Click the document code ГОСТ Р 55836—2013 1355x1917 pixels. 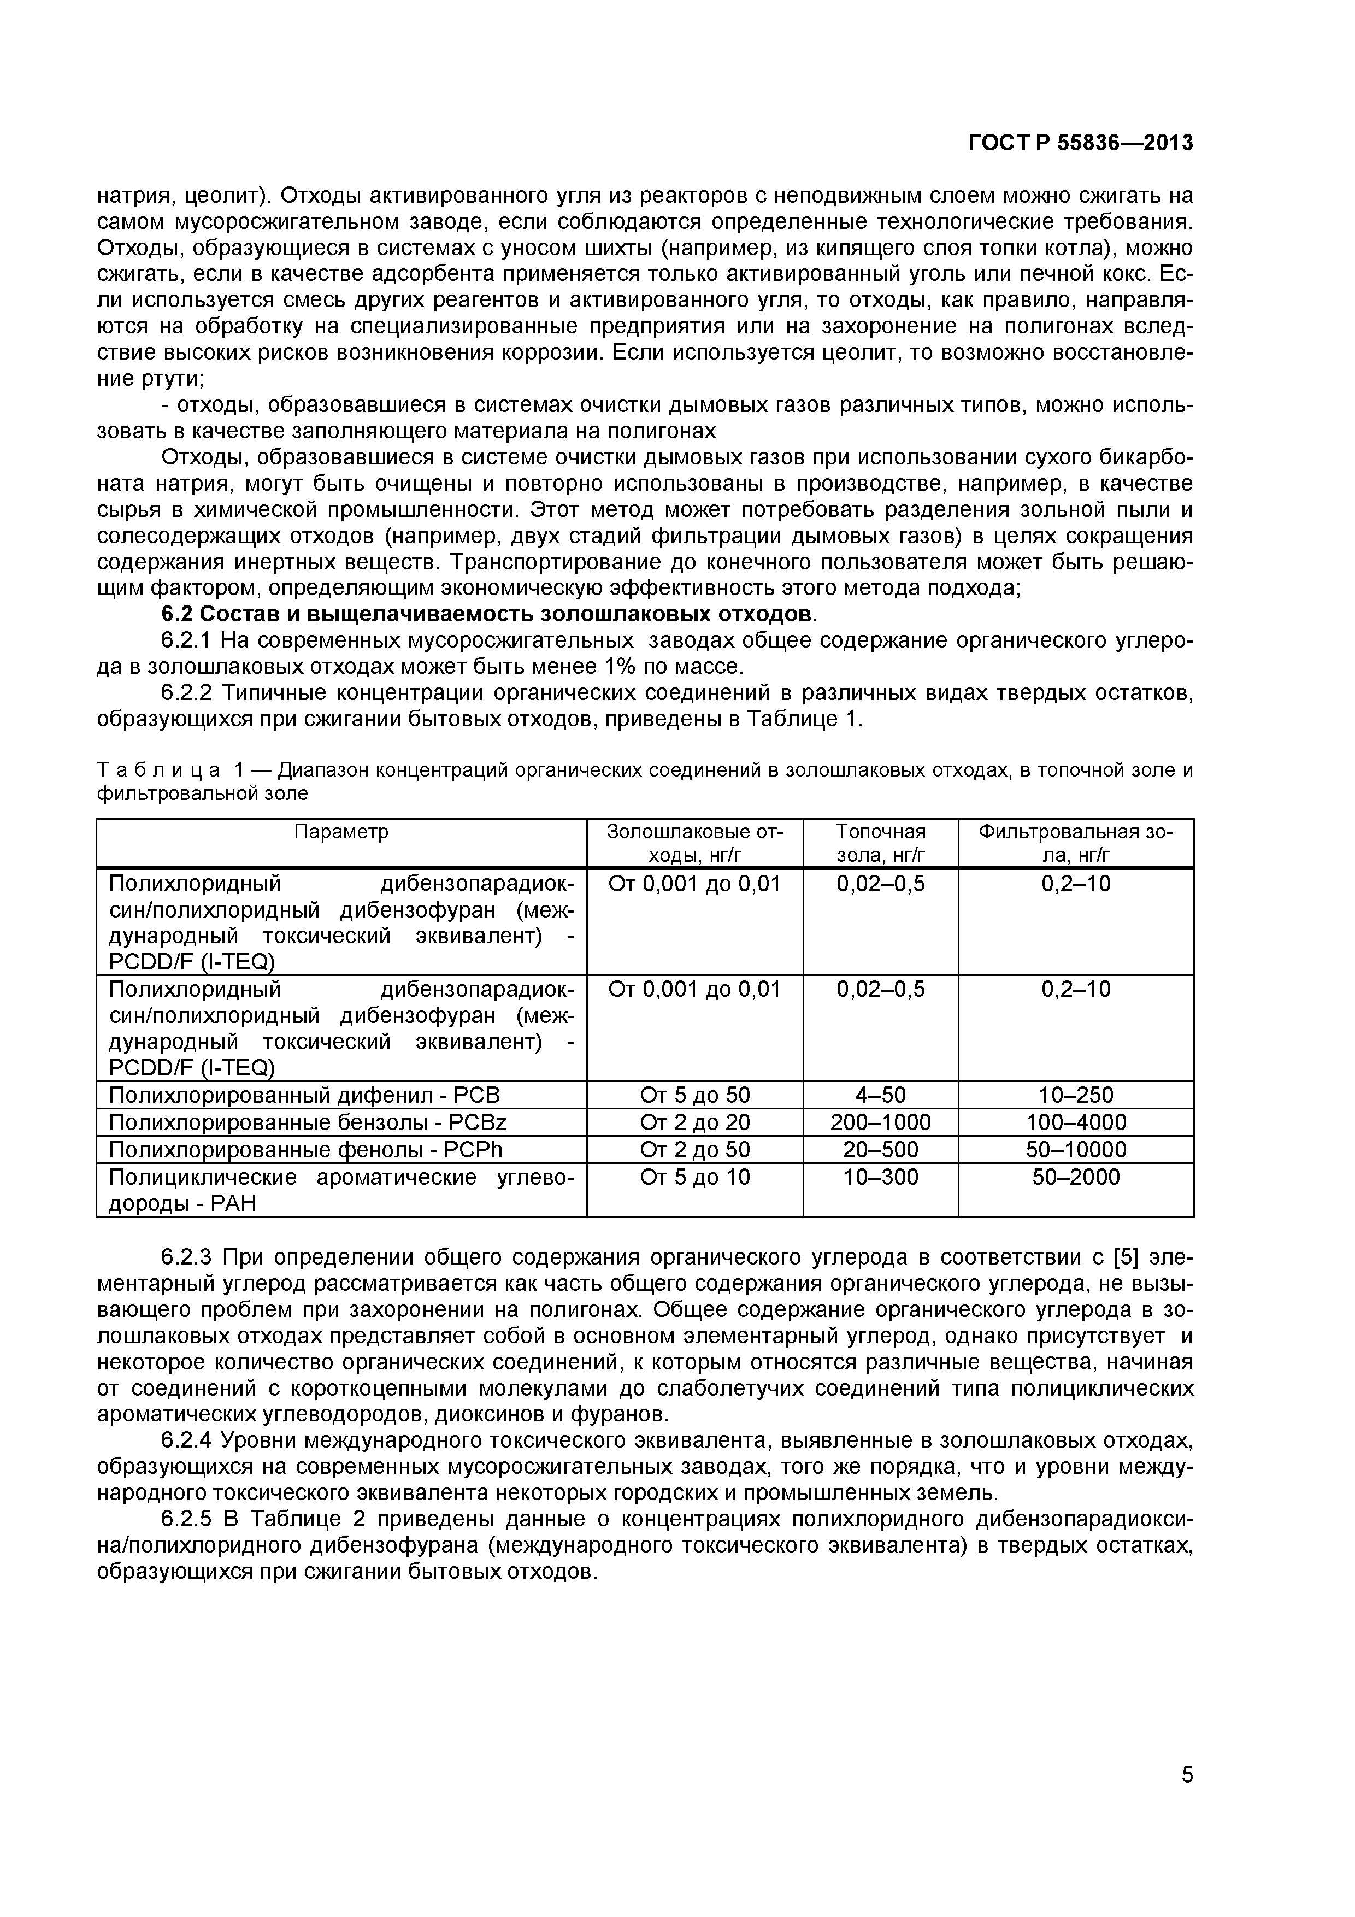coord(1080,144)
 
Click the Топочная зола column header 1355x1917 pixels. coord(880,843)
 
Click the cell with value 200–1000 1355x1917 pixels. coord(880,1122)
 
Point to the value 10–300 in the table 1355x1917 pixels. coord(880,1177)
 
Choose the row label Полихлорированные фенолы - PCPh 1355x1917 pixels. coord(305,1150)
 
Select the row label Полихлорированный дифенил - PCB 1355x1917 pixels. coord(304,1095)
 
